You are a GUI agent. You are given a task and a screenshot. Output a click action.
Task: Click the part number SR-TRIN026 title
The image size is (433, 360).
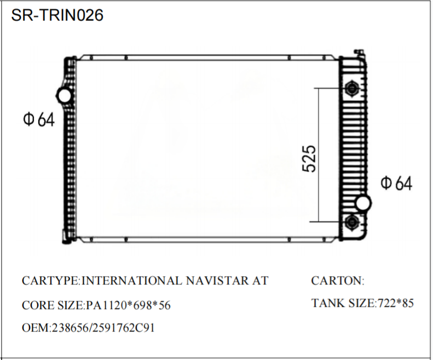coord(57,15)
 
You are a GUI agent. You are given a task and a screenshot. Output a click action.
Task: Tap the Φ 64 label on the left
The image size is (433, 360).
coord(39,119)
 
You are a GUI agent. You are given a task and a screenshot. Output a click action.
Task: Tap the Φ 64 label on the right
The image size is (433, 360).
coord(396,184)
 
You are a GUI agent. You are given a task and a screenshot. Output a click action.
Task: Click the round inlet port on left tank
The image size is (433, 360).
coord(65,96)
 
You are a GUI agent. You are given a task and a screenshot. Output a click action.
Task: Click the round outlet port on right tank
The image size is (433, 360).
coord(362,204)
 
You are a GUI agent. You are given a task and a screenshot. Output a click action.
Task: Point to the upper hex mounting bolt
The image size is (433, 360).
coord(352,88)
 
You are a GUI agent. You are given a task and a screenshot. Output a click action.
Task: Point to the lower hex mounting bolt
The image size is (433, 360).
coord(352,222)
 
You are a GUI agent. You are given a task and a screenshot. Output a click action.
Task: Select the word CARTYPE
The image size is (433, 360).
coord(50,281)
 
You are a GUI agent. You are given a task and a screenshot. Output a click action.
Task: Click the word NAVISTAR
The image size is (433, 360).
coord(215,281)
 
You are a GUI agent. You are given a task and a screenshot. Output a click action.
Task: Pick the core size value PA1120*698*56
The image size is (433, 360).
coord(128,305)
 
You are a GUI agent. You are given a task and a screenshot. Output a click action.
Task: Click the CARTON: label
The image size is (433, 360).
coord(337,281)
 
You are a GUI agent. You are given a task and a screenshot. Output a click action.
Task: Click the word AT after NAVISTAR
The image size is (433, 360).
coord(259,281)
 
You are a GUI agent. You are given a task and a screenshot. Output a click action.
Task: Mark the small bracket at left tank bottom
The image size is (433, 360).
coord(65,237)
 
